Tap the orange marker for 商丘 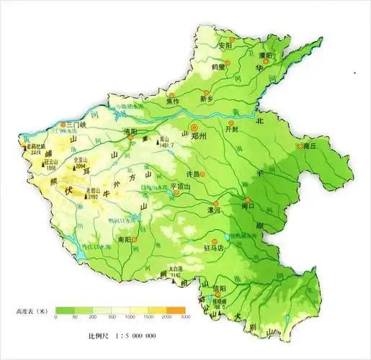pyautogui.click(x=300, y=146)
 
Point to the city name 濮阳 pyautogui.click(x=264, y=55)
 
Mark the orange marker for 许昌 pyautogui.click(x=202, y=174)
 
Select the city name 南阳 pyautogui.click(x=124, y=238)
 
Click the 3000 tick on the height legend pyautogui.click(x=184, y=317)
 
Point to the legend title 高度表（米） pyautogui.click(x=31, y=311)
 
